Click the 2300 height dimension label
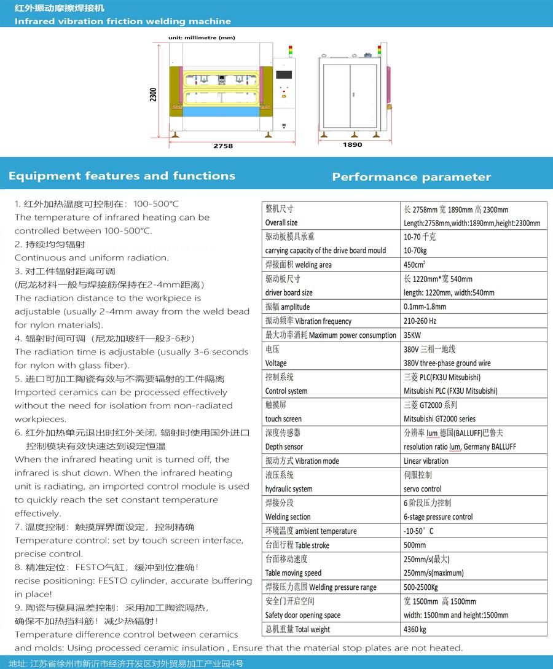(x=154, y=94)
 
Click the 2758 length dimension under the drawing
(x=222, y=146)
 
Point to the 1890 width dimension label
(x=352, y=145)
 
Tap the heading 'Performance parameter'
(x=411, y=177)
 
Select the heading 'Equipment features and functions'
(x=122, y=176)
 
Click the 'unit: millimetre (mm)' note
(x=202, y=37)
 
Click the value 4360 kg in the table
(x=415, y=629)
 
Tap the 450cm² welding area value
(x=417, y=265)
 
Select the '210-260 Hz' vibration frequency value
(x=420, y=321)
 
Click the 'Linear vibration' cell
(x=426, y=461)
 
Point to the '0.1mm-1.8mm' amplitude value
(x=425, y=307)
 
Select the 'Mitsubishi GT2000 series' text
(x=439, y=419)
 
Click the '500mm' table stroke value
(x=414, y=545)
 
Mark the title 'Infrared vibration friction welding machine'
(x=122, y=22)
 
